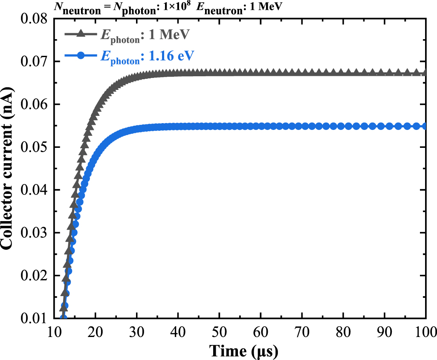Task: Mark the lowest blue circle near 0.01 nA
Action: click(64, 317)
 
